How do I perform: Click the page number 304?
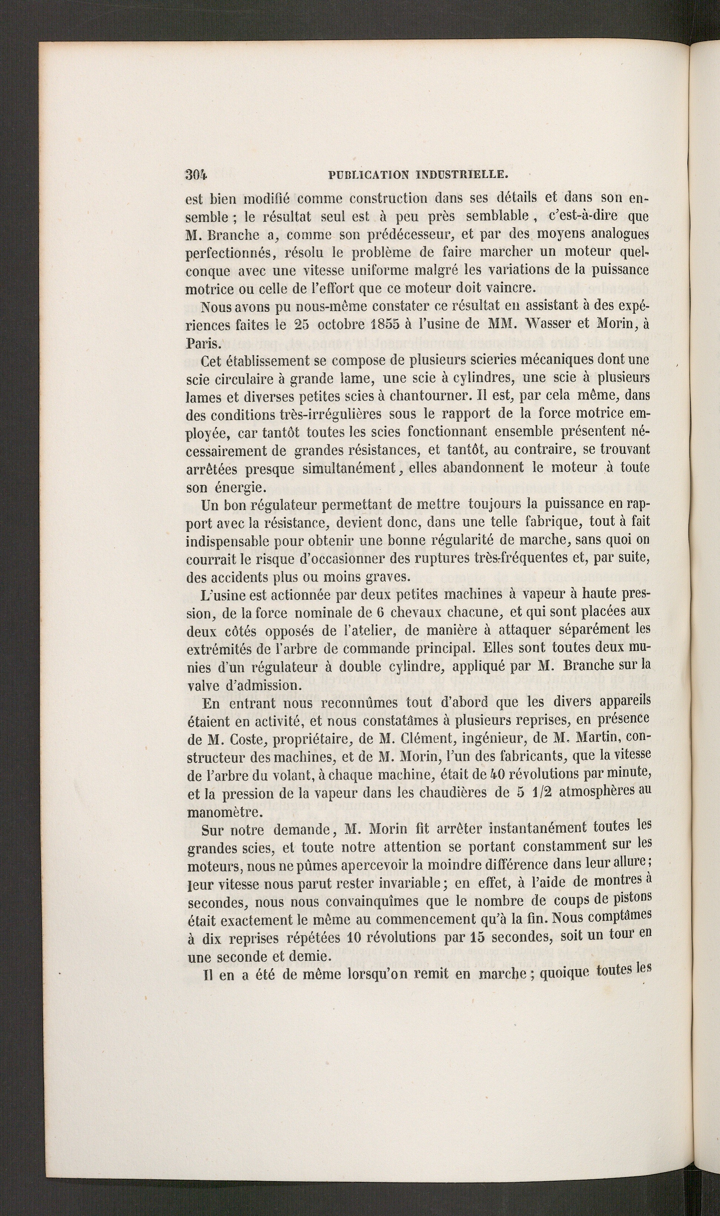pos(196,175)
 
